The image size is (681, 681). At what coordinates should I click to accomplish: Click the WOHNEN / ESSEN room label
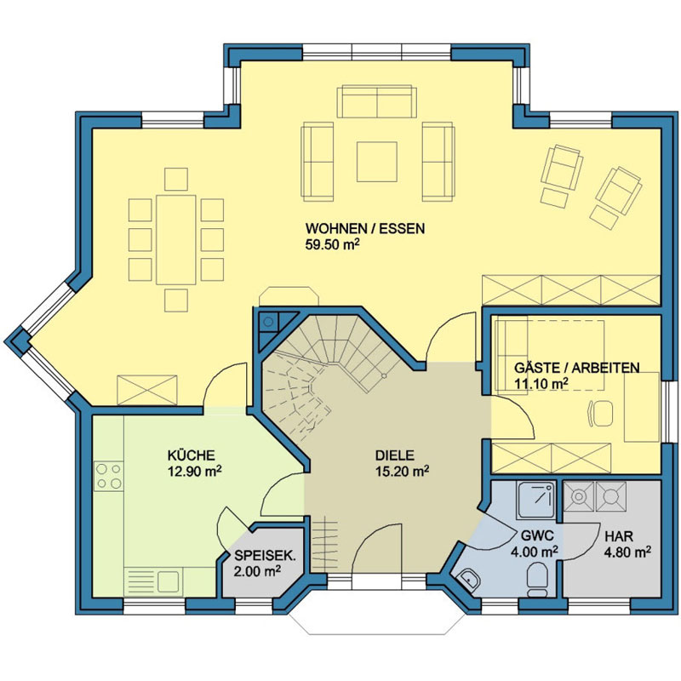coord(365,228)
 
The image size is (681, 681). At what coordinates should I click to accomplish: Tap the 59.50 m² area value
coord(333,244)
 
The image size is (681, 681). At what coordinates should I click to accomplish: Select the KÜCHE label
coord(191,455)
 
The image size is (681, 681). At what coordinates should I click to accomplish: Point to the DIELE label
coord(395,455)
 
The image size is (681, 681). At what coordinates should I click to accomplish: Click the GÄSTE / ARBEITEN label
coord(577,368)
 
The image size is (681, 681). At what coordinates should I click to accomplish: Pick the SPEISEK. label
coord(265,556)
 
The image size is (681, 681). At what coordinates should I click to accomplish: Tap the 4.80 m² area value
coord(627,552)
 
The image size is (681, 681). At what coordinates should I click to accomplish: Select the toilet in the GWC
coord(537,580)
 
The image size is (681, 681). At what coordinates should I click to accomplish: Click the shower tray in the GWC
coord(536,500)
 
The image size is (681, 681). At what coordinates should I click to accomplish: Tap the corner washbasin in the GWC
coord(468,580)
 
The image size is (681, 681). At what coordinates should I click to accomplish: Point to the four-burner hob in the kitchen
coord(109,477)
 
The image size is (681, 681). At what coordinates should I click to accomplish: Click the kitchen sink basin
coord(168,581)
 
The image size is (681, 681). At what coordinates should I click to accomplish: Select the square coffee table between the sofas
coord(377,162)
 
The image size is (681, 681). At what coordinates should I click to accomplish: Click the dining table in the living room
coord(176,240)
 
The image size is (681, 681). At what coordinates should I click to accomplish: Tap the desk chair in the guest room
coord(601,413)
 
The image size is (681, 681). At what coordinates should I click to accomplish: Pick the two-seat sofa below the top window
coord(377,101)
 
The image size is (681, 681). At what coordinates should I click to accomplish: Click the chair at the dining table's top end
coord(176,180)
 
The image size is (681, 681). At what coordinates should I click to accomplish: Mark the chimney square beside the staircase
coord(269,322)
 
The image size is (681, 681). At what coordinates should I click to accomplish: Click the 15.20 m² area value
coord(402,472)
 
